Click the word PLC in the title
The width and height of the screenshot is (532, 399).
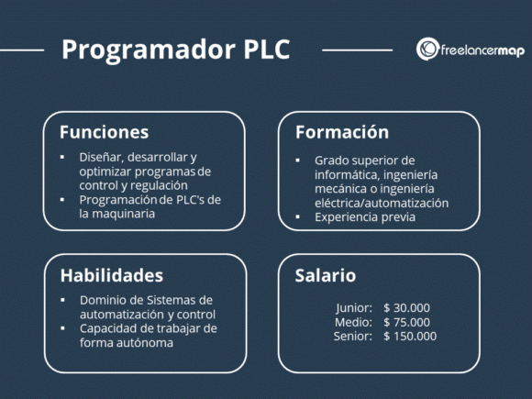point(260,50)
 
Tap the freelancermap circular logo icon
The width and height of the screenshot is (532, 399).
point(427,50)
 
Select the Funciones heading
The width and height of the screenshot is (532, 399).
point(104,132)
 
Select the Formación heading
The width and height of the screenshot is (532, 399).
point(341,132)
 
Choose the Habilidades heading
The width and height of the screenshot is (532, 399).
point(112,275)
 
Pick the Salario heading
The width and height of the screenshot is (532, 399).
point(325,275)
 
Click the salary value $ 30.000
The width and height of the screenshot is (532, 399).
point(407,308)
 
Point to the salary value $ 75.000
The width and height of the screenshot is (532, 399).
point(407,322)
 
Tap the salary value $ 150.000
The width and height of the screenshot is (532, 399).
point(410,336)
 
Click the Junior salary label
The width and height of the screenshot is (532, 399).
point(354,308)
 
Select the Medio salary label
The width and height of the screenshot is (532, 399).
point(354,322)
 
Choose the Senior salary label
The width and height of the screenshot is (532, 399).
point(352,336)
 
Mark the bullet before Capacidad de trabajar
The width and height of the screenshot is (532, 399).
point(63,328)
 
